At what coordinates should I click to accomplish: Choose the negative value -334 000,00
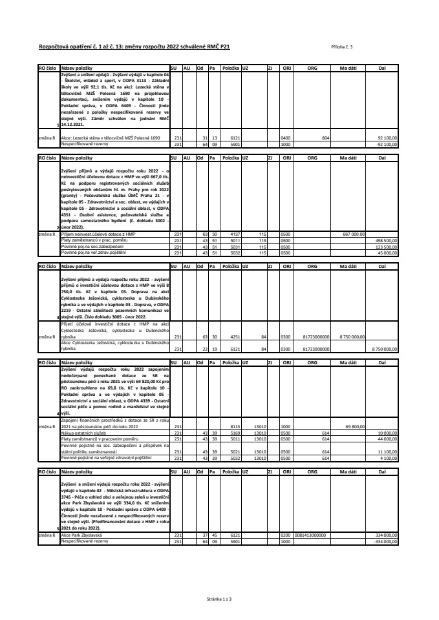387,541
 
